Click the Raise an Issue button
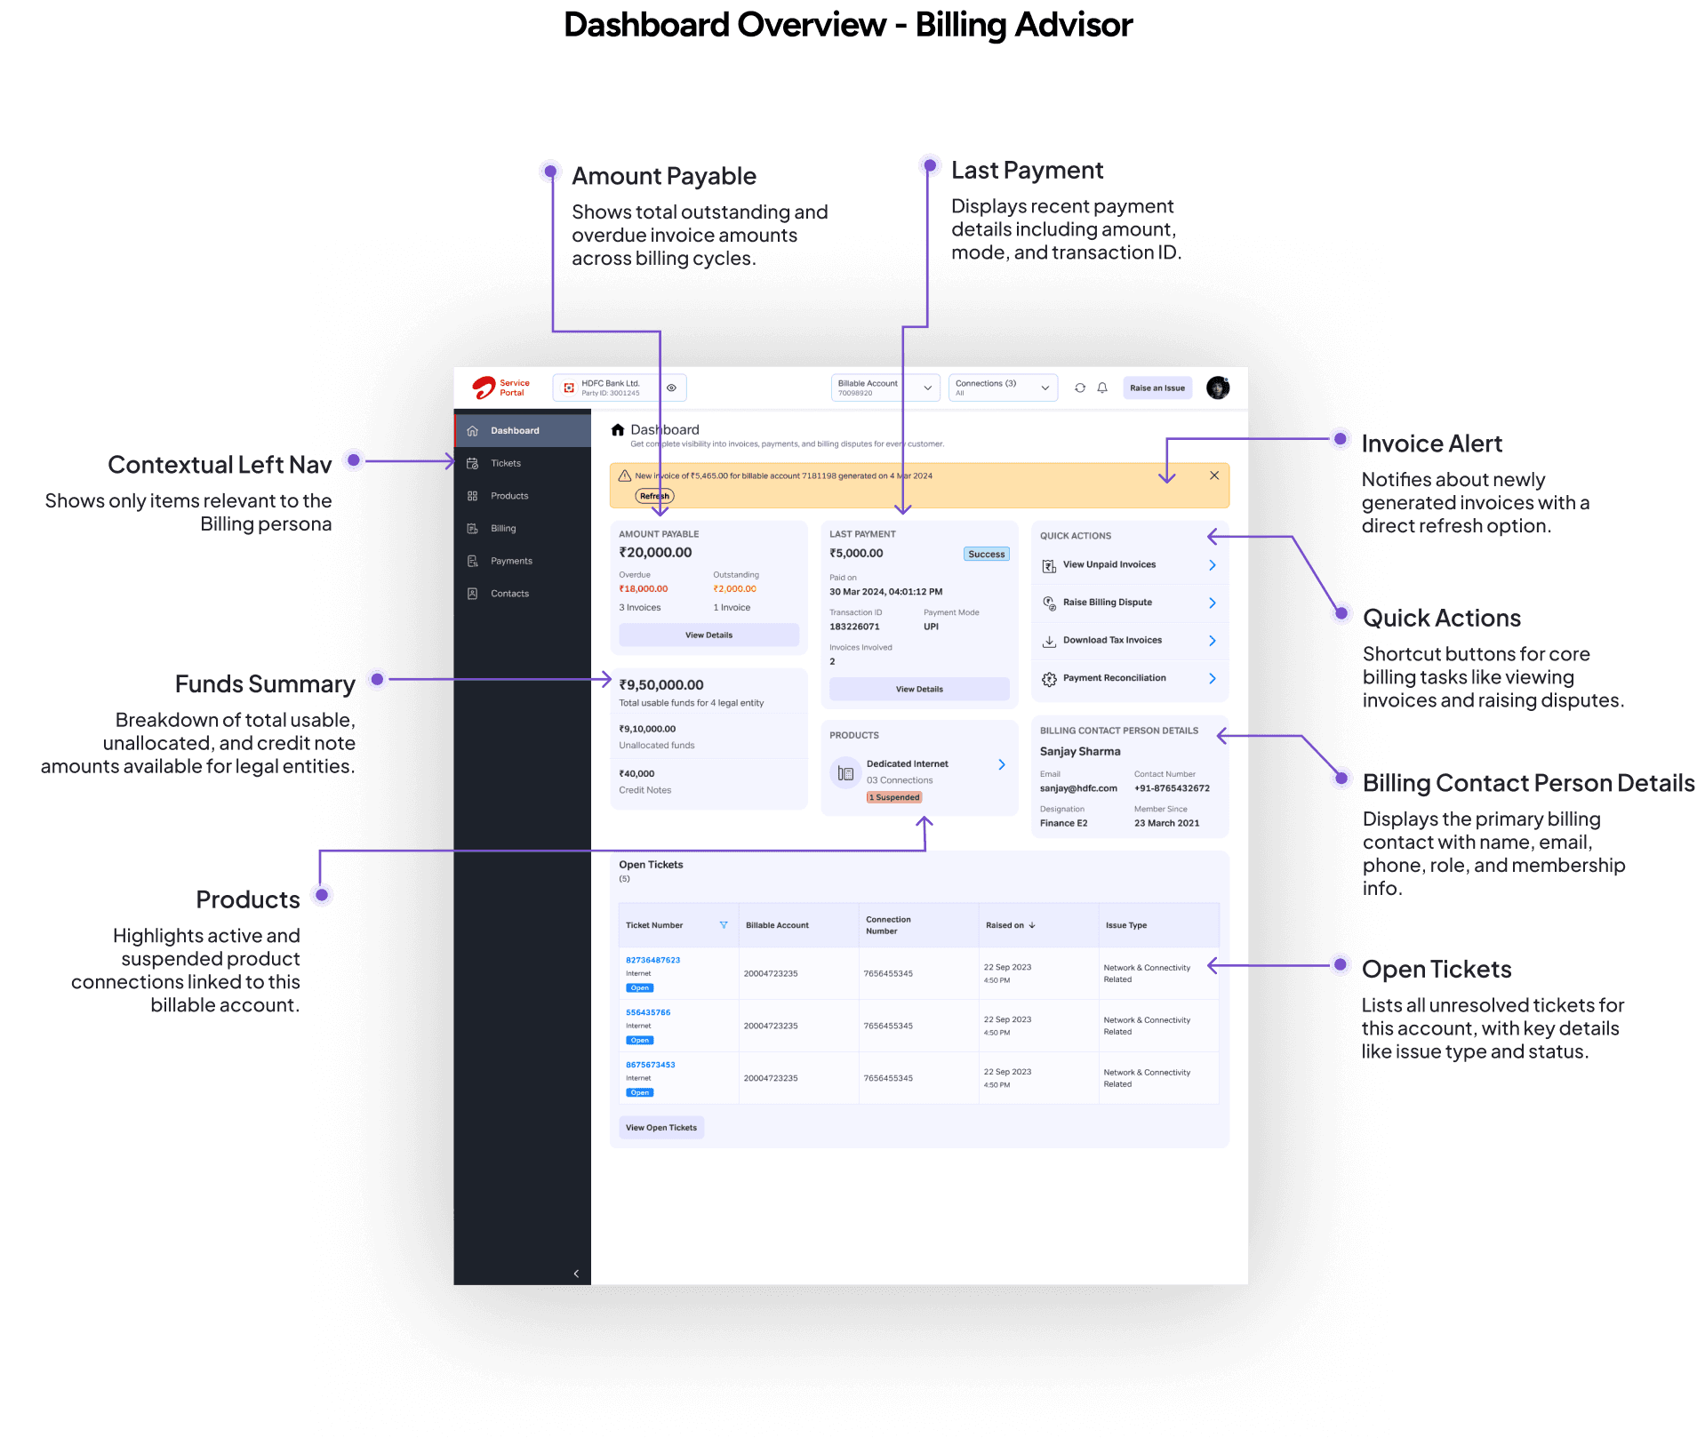tap(1157, 388)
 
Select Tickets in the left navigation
tap(505, 463)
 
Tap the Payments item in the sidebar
tap(511, 561)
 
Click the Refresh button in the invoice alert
tap(654, 496)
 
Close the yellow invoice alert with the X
tap(1213, 475)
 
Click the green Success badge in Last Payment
tap(986, 555)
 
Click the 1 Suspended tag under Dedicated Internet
tap(894, 797)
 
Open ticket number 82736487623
tap(652, 960)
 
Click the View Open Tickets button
tap(661, 1128)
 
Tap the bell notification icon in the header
tap(1102, 388)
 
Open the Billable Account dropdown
tap(885, 387)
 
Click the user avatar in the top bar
tap(1217, 388)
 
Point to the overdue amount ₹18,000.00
tap(644, 589)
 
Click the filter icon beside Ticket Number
tap(724, 925)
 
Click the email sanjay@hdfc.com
tap(1078, 788)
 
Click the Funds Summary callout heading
tap(264, 683)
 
